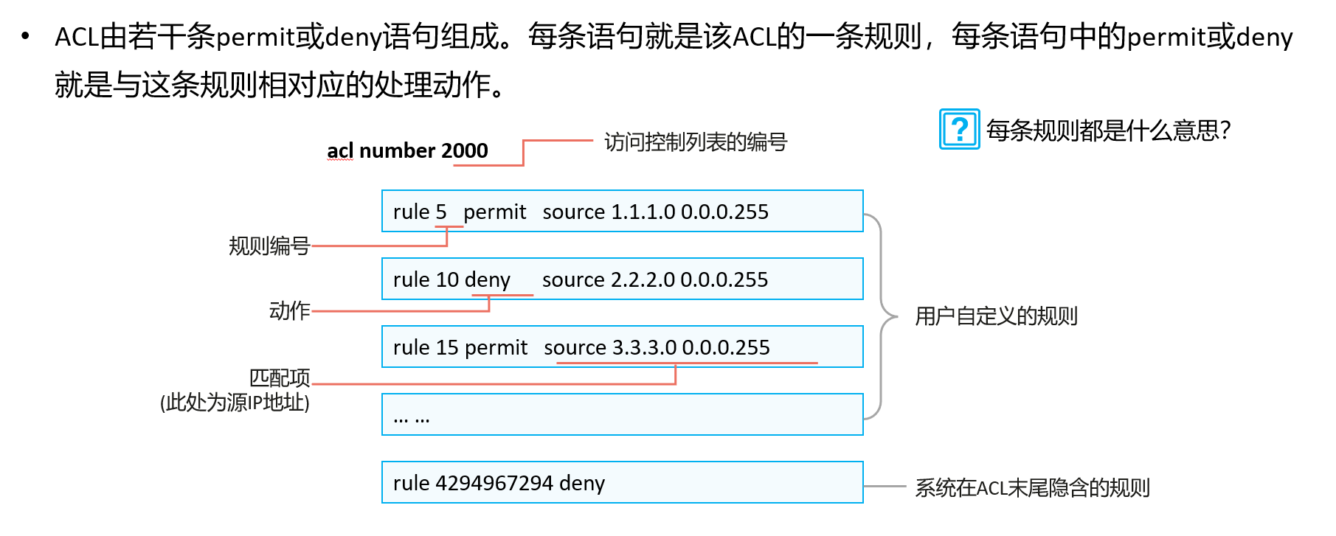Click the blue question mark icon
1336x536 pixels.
[959, 129]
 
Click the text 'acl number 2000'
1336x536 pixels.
[407, 150]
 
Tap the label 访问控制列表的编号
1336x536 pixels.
[696, 142]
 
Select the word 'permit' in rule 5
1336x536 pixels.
[494, 212]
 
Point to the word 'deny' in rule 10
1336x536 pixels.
[487, 280]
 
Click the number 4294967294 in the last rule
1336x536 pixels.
[494, 484]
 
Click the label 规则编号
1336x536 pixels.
[269, 246]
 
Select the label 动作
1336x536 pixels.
[290, 310]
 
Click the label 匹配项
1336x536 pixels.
[280, 377]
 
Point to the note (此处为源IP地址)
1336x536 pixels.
[235, 403]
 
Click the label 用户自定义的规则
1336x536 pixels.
[997, 316]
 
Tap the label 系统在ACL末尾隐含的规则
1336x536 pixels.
[1032, 487]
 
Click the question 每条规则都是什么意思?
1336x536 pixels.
[1109, 130]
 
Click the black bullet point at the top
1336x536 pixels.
[26, 36]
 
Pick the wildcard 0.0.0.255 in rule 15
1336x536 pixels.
[726, 348]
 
